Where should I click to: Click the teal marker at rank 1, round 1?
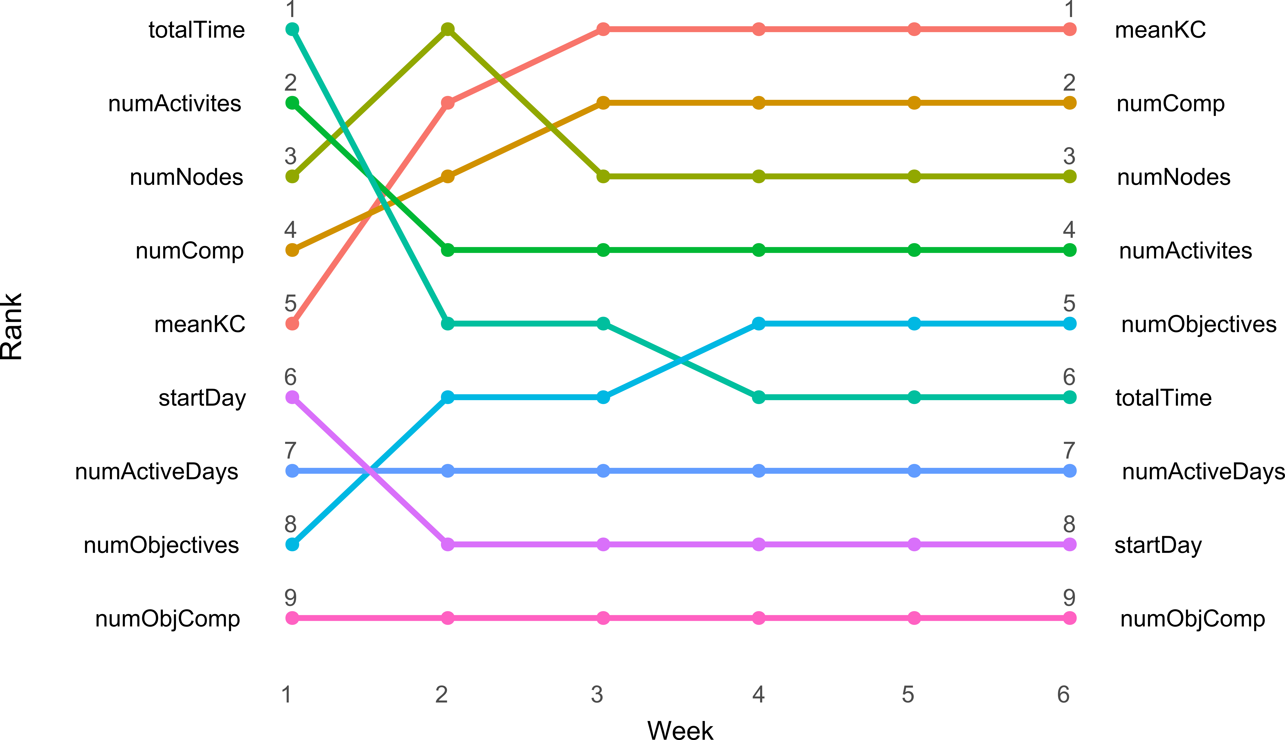[x=292, y=30]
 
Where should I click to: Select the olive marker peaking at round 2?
[x=448, y=30]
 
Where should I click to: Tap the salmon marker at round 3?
[x=603, y=30]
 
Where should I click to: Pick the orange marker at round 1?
[x=292, y=250]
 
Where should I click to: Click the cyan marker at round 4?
[x=759, y=324]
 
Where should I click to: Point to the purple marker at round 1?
[x=292, y=397]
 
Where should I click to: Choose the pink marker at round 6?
[x=1070, y=618]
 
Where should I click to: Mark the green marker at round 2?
[x=448, y=250]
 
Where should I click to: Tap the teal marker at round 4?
[x=759, y=397]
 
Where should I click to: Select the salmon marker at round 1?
[x=292, y=324]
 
